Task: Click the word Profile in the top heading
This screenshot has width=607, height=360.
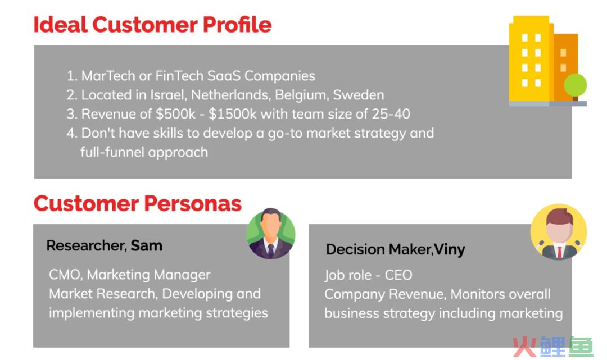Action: click(x=237, y=24)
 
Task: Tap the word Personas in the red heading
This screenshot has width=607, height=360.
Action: click(x=193, y=203)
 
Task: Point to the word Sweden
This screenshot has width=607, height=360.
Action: click(x=359, y=95)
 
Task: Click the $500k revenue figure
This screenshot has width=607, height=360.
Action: click(x=176, y=113)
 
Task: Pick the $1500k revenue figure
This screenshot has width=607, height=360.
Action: click(x=233, y=113)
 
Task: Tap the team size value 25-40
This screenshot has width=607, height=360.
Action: click(x=391, y=113)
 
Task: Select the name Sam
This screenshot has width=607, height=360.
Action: click(x=146, y=245)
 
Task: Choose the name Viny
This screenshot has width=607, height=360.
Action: click(x=450, y=250)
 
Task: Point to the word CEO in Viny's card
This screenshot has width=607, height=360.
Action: click(x=398, y=275)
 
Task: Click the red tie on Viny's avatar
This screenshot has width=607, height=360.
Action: click(x=559, y=252)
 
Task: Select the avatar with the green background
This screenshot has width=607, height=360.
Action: click(x=270, y=234)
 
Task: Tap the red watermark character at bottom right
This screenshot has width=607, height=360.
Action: click(x=524, y=347)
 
